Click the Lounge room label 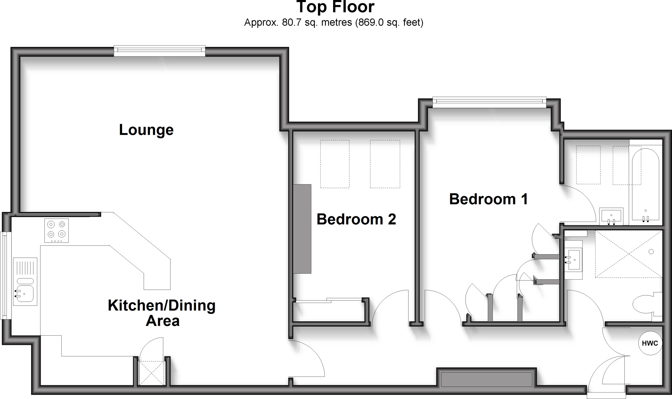[146, 130]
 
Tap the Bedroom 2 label [356, 219]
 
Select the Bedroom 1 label [488, 199]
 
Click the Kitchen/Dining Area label [162, 313]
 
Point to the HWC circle [650, 344]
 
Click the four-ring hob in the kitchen [56, 230]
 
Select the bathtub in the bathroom [645, 184]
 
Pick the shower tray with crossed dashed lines [628, 254]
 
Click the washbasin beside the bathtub [611, 217]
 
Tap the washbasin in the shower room [574, 259]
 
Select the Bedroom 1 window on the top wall [489, 102]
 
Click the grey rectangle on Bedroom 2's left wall [302, 229]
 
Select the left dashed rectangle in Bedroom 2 [335, 164]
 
